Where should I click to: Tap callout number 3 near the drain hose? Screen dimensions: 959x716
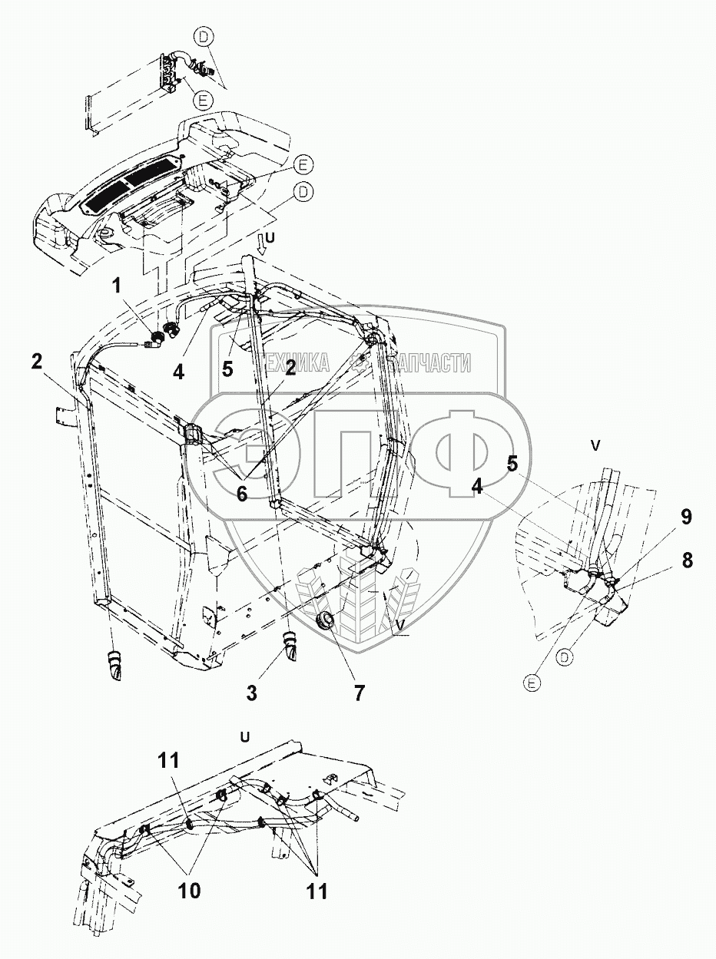click(250, 693)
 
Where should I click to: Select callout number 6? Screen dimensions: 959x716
click(242, 494)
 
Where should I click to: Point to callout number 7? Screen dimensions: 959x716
click(359, 693)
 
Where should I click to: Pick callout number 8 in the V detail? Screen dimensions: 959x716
click(686, 561)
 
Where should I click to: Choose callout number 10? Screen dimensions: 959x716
click(189, 891)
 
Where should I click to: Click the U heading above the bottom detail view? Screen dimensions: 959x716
click(244, 736)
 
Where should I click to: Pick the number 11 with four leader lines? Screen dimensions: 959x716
click(317, 891)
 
